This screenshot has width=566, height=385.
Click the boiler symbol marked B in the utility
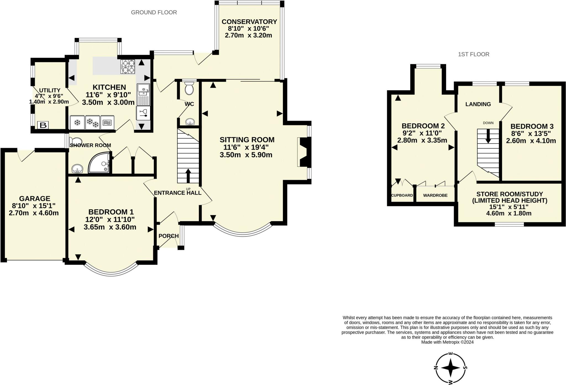(x=43, y=125)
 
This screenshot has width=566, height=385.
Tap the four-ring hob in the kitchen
(x=128, y=67)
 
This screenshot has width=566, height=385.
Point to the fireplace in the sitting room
(x=304, y=152)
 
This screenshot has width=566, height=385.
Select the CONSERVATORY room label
(x=249, y=22)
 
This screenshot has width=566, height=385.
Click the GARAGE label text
(x=35, y=198)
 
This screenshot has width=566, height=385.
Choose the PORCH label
(x=169, y=236)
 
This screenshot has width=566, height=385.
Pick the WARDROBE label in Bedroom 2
(x=435, y=195)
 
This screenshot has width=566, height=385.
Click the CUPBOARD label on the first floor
(x=402, y=195)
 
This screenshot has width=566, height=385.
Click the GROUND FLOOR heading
(x=154, y=12)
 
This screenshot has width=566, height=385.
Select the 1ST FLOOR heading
(x=473, y=54)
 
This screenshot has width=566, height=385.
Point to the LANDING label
(x=478, y=104)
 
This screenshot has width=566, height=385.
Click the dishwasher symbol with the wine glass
(x=143, y=113)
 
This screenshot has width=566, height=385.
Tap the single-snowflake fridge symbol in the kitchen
(x=77, y=122)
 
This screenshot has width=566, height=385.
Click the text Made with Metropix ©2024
(x=447, y=342)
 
